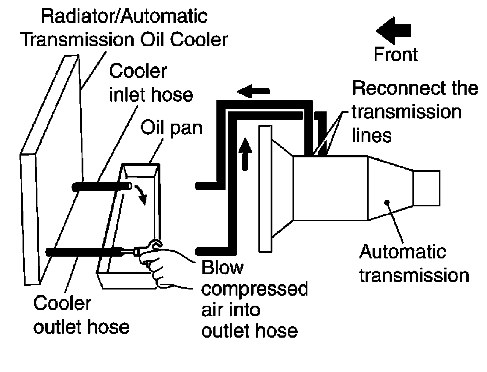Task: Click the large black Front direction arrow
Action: pos(393,30)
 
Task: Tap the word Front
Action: pos(396,54)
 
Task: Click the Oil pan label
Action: pos(171,128)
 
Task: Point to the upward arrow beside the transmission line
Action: pos(245,154)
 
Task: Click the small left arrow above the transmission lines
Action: pos(253,91)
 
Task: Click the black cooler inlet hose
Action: pos(102,187)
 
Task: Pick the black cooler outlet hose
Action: pos(85,252)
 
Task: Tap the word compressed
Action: pos(254,289)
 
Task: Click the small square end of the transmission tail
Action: pos(426,188)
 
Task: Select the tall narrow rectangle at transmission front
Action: pos(265,189)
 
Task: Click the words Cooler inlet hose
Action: pos(151,83)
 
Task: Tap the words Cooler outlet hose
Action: pos(82,315)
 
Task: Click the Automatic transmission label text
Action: pos(414,264)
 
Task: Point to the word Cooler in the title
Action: pos(199,40)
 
